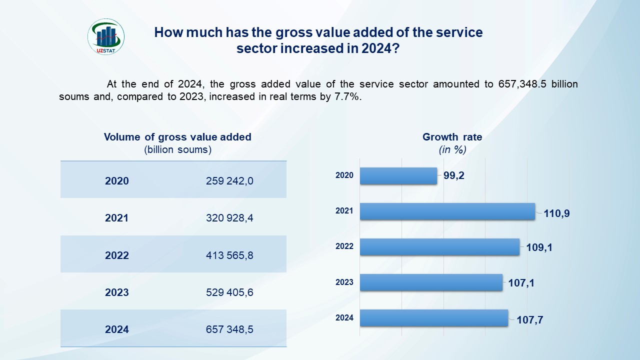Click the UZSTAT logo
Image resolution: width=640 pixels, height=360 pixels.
coord(106,36)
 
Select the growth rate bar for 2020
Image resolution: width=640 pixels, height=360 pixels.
coord(398,175)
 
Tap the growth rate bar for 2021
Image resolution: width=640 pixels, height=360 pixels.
coord(447,211)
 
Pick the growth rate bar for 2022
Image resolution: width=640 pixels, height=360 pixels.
coord(439,246)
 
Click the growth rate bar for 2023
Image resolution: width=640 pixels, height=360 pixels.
coord(431,282)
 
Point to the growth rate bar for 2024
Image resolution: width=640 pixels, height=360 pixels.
coord(433,318)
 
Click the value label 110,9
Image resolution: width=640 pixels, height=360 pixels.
coord(556,213)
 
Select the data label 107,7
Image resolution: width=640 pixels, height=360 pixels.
coord(529,320)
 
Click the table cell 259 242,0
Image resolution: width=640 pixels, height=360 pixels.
coord(229,181)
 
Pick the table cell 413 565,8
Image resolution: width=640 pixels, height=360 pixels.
coord(229,255)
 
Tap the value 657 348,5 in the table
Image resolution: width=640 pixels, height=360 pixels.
coord(229,329)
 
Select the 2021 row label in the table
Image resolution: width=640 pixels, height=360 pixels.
coord(116,218)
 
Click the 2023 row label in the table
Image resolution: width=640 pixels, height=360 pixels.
coord(116,292)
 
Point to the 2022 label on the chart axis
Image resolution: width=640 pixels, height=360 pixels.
coord(344,246)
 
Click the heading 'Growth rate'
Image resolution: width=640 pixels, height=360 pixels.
coord(452,137)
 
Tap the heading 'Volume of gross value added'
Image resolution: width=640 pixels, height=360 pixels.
coord(177,137)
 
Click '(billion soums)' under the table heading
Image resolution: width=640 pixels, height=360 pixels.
coord(177,149)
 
